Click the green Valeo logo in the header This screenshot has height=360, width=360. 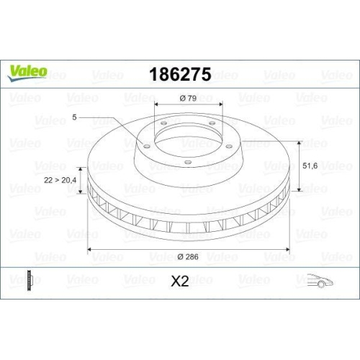[28, 71]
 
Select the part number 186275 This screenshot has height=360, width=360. [179, 74]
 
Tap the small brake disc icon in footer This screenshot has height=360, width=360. [29, 281]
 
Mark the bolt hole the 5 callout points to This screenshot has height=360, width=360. [144, 148]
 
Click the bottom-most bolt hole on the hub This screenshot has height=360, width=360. [187, 162]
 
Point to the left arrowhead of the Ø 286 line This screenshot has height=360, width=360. [90, 249]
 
